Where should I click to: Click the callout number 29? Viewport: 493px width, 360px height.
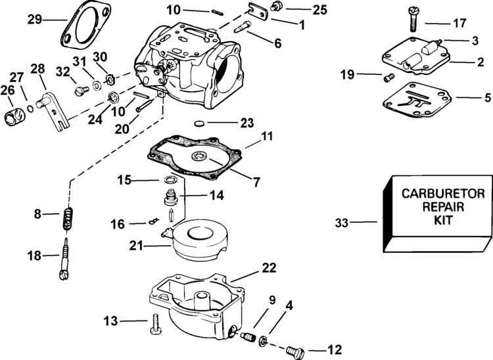click(x=34, y=20)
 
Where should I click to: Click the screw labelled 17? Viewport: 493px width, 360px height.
click(x=413, y=19)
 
